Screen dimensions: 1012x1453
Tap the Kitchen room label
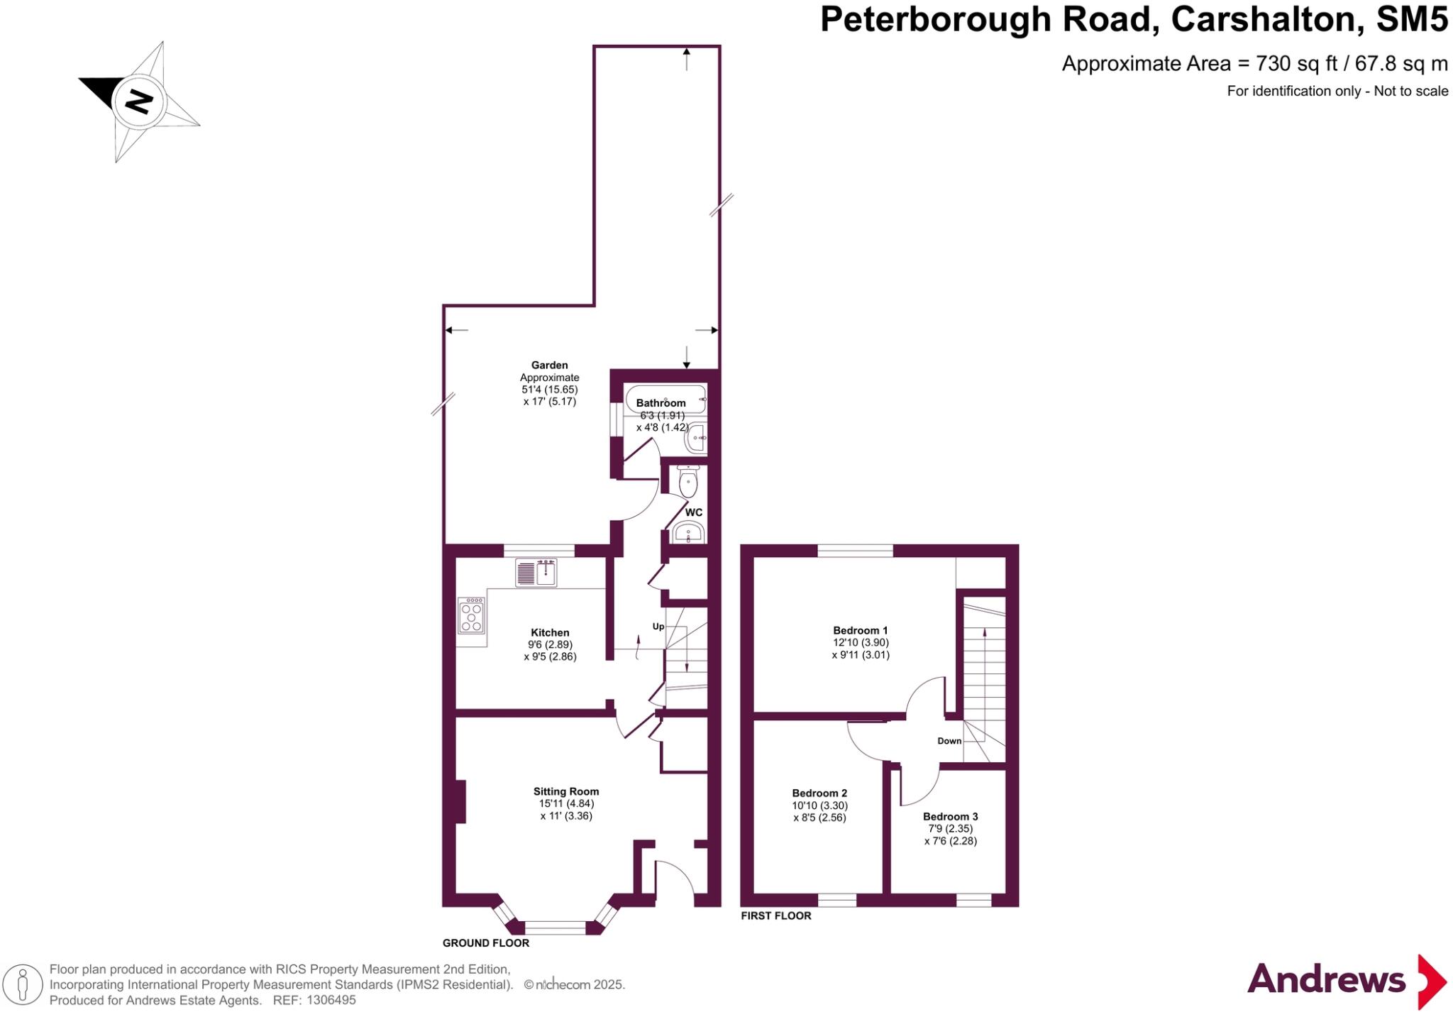click(550, 632)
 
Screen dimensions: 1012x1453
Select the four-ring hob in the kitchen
click(472, 615)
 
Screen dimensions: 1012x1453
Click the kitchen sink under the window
click(537, 572)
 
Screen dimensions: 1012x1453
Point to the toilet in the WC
click(687, 482)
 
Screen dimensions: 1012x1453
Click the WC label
click(694, 512)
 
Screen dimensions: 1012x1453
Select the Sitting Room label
click(566, 791)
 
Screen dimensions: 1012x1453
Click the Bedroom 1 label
click(860, 630)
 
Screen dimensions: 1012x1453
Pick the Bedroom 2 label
click(819, 793)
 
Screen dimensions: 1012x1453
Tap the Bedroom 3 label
click(950, 816)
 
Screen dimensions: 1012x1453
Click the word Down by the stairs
click(949, 741)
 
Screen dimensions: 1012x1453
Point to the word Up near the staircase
click(658, 627)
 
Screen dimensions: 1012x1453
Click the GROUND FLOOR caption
click(486, 943)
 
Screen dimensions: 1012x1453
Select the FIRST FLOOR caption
click(776, 916)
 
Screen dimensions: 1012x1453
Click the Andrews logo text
click(1326, 980)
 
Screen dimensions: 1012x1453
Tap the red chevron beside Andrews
click(1431, 981)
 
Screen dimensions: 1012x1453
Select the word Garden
click(550, 365)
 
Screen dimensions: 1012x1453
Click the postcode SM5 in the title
click(1411, 19)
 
